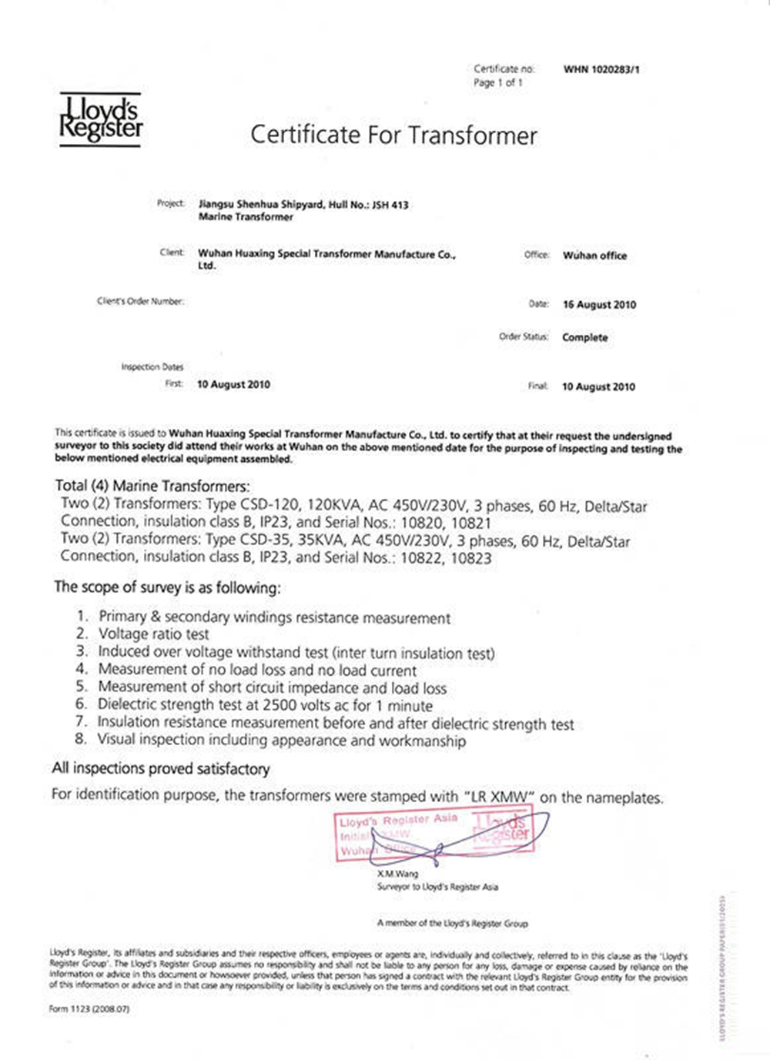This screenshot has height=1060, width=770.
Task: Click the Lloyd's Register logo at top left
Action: coord(101,119)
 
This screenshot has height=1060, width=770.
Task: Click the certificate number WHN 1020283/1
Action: coord(601,69)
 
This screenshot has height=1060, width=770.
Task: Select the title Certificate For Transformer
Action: coord(393,135)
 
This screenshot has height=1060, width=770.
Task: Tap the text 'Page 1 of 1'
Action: coord(498,82)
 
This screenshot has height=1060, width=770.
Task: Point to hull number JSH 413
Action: coord(390,205)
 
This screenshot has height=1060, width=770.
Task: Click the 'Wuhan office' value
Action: coord(594,256)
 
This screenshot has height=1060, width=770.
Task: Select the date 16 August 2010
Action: coord(599,304)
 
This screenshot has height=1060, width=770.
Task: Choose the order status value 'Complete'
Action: coord(584,337)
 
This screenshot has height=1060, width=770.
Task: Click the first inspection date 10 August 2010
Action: coord(233,384)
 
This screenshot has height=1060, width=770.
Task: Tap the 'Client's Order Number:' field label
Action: coord(140,301)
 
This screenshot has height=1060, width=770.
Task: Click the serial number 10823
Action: coord(471,558)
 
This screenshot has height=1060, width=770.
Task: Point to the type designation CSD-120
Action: coord(271,506)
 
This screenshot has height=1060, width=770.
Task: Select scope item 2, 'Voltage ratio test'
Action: coord(153,634)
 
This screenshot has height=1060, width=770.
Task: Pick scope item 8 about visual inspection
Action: coord(281,740)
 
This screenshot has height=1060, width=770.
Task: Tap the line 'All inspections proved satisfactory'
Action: coord(161,768)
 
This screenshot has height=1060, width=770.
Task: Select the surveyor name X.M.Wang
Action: coord(397,874)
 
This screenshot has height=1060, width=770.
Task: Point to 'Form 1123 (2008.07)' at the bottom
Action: coord(89,1008)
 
